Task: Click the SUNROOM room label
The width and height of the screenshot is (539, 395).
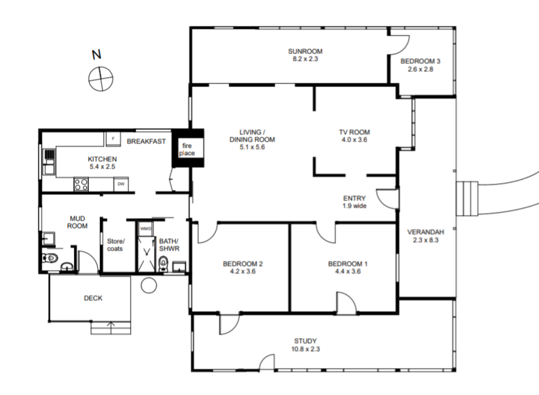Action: pyautogui.click(x=305, y=51)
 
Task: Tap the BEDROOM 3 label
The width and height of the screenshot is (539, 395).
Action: pyautogui.click(x=420, y=61)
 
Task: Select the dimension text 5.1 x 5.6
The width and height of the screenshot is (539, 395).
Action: pyautogui.click(x=252, y=147)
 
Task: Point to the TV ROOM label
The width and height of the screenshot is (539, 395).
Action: pyautogui.click(x=355, y=132)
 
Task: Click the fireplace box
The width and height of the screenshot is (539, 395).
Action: pyautogui.click(x=187, y=148)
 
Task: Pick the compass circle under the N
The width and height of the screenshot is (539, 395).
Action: pyautogui.click(x=100, y=79)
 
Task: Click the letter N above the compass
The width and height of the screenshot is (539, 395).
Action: pyautogui.click(x=97, y=55)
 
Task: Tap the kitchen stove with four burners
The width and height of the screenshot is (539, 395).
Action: pyautogui.click(x=81, y=184)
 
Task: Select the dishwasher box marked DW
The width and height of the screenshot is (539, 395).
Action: pyautogui.click(x=121, y=184)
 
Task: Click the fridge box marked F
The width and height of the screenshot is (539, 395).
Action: pyautogui.click(x=113, y=139)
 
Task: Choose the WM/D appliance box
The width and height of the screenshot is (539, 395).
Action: pyautogui.click(x=146, y=228)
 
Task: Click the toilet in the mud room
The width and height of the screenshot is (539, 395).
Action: pyautogui.click(x=50, y=257)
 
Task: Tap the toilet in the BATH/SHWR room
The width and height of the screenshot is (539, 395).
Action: pyautogui.click(x=164, y=263)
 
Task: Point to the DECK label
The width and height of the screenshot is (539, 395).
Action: pyautogui.click(x=93, y=298)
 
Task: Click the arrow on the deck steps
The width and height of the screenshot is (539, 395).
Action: pyautogui.click(x=111, y=328)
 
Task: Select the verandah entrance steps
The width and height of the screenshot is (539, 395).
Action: pyautogui.click(x=467, y=198)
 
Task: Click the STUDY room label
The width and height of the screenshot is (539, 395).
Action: pyautogui.click(x=305, y=341)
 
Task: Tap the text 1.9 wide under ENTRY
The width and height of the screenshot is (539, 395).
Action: pyautogui.click(x=355, y=206)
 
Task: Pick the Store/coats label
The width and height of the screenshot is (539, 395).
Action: pyautogui.click(x=116, y=245)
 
